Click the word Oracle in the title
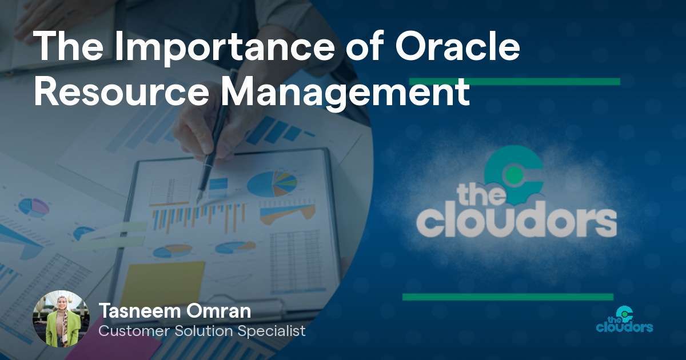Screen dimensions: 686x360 pos(457,46)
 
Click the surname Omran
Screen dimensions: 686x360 pos(218,311)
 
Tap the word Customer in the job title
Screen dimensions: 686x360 pos(134,331)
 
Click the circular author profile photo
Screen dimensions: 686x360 pos(62,319)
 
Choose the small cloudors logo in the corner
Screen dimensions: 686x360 pos(624,319)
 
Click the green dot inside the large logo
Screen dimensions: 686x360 pos(514,174)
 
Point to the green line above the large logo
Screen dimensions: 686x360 pos(515,81)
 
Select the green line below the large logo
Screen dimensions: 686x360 pos(508,297)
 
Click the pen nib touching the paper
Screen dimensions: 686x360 pos(198,198)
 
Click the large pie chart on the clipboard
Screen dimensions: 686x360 pos(272,184)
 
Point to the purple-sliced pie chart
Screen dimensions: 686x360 pos(34,207)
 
